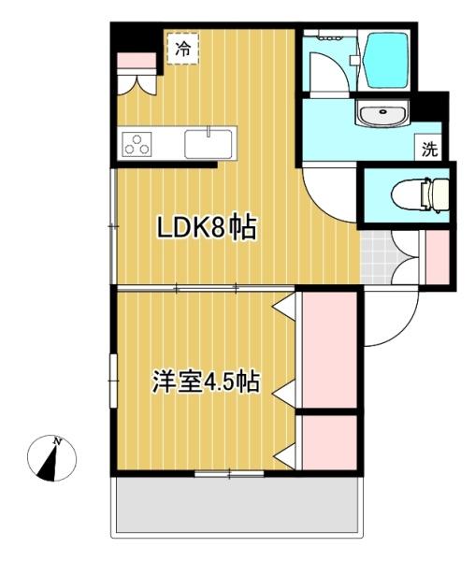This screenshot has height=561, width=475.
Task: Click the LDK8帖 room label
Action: pyautogui.click(x=206, y=228)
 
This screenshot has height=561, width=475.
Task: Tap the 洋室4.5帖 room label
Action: pyautogui.click(x=206, y=382)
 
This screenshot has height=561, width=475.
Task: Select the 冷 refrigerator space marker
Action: pyautogui.click(x=183, y=49)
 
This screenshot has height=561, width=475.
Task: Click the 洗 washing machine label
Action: pyautogui.click(x=429, y=148)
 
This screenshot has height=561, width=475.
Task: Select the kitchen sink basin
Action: pyautogui.click(x=208, y=144)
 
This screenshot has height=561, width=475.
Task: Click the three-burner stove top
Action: pyautogui.click(x=138, y=145)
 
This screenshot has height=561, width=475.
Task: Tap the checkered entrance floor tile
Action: pyautogui.click(x=376, y=258)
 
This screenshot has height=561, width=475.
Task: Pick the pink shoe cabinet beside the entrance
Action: pyautogui.click(x=438, y=256)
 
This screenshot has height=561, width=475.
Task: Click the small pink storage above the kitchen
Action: pyautogui.click(x=136, y=61)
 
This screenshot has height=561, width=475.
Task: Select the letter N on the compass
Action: pyautogui.click(x=57, y=441)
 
